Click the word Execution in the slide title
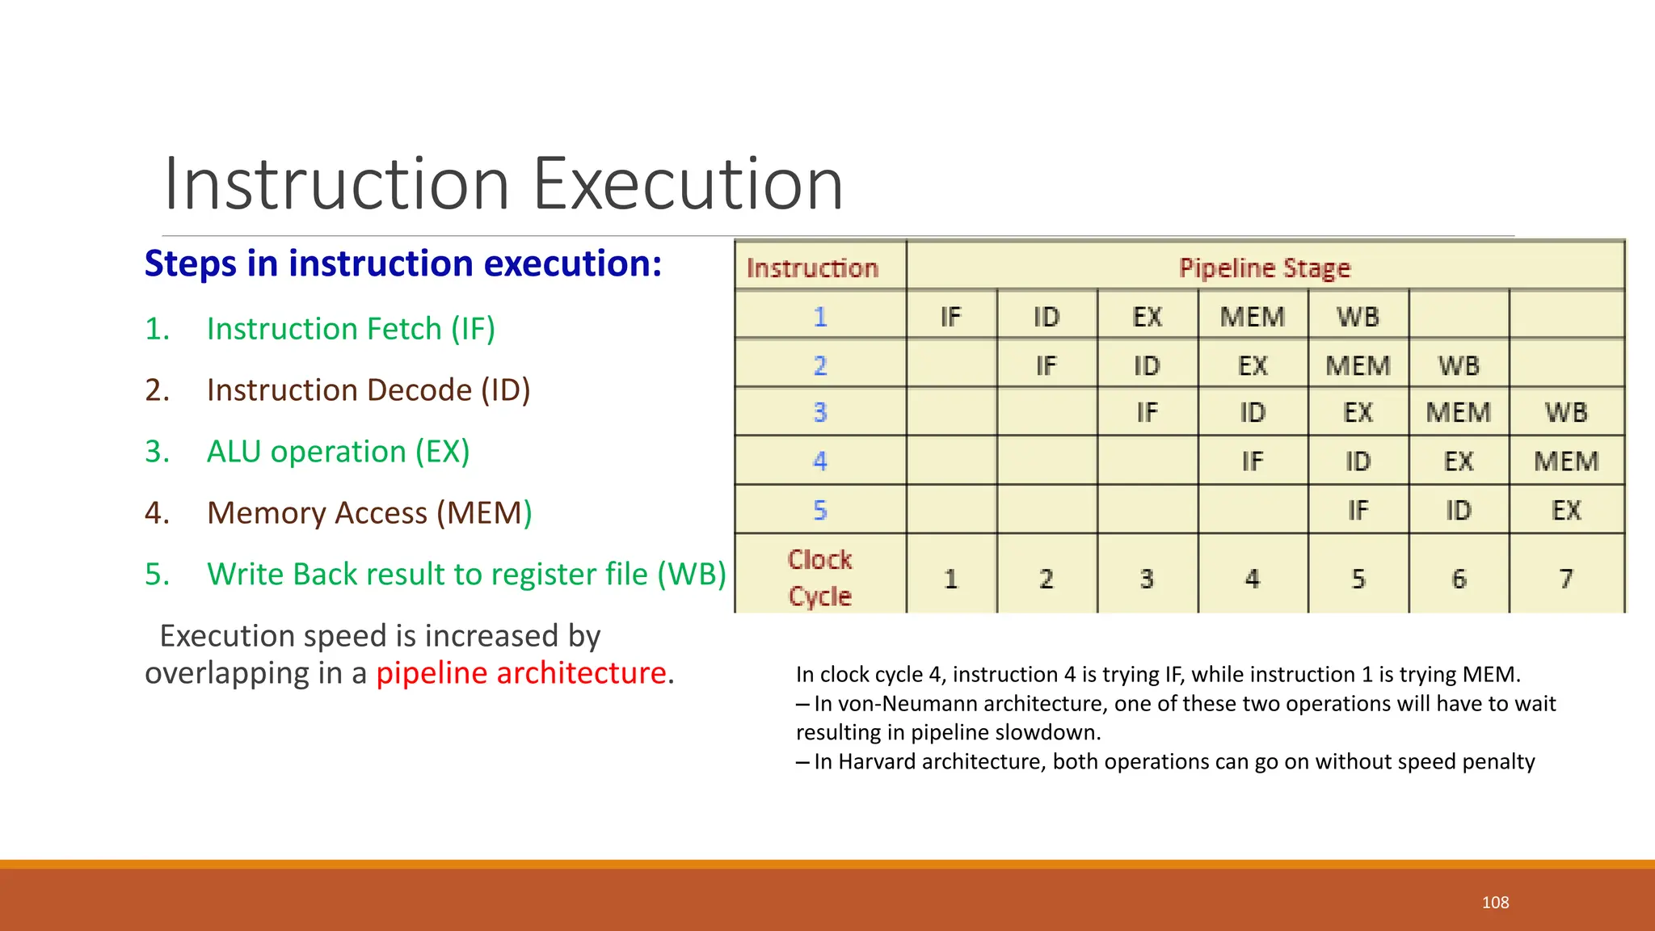(x=688, y=184)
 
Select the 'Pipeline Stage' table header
(x=1264, y=268)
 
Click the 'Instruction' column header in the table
(x=812, y=268)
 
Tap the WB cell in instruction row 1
(x=1358, y=317)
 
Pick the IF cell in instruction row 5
(x=1358, y=510)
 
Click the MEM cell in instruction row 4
(x=1565, y=461)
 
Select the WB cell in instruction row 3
(x=1565, y=412)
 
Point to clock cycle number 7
(x=1565, y=579)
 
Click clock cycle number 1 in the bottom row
(x=950, y=579)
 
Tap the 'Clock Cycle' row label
(x=819, y=577)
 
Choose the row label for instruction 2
(x=819, y=365)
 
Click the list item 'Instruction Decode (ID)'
(x=368, y=390)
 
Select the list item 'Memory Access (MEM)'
(x=369, y=513)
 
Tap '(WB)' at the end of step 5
(x=692, y=575)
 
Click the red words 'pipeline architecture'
(x=521, y=673)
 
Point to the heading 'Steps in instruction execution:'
(x=402, y=264)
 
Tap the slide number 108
(x=1495, y=903)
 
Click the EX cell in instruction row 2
(x=1253, y=365)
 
